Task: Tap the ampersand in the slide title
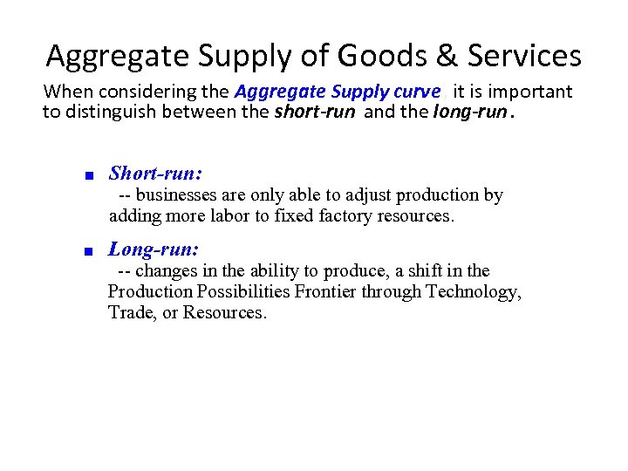click(x=449, y=56)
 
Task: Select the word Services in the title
click(x=524, y=56)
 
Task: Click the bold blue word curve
click(x=415, y=92)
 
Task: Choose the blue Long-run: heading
click(x=154, y=249)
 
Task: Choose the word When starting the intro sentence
click(x=65, y=92)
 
